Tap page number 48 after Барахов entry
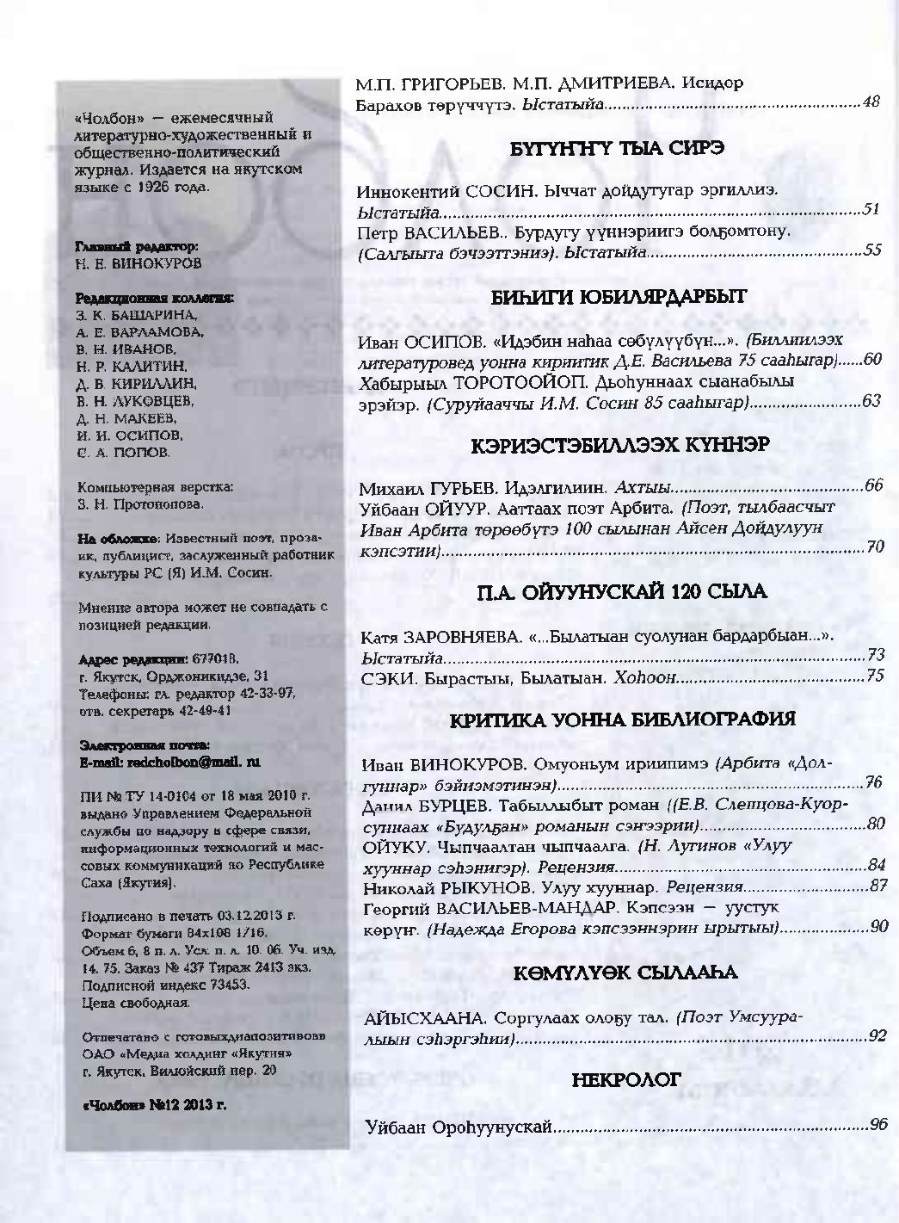(870, 103)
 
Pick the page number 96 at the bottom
(877, 1125)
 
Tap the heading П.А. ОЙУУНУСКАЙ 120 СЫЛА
(621, 592)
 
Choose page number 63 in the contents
(871, 401)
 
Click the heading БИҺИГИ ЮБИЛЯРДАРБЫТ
(619, 298)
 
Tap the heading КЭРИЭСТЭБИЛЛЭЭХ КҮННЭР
(619, 445)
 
